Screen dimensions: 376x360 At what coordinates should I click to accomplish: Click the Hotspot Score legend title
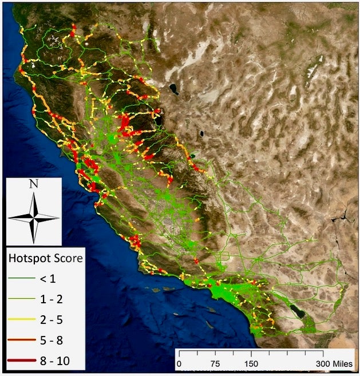pos(45,258)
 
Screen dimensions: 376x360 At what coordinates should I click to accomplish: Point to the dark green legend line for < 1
pos(20,279)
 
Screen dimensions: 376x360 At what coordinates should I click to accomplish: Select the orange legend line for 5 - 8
pos(20,341)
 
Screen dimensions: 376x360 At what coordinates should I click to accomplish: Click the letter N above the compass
pos(34,184)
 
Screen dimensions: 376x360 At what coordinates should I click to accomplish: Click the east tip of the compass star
pos(58,217)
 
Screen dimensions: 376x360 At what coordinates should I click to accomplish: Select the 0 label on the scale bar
pos(179,363)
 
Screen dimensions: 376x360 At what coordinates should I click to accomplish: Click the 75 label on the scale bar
pos(215,363)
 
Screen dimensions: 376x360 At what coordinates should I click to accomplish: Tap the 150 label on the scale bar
pos(251,363)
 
